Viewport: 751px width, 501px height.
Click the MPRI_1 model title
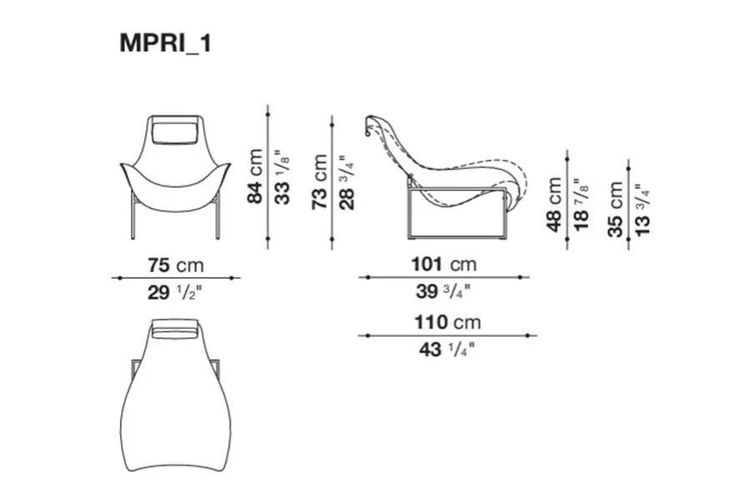165,43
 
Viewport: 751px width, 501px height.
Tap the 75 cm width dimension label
176,266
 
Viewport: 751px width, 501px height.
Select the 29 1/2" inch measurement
175,292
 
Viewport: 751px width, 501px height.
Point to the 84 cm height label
255,176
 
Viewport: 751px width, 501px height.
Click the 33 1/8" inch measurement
282,178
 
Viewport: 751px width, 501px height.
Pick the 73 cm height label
319,182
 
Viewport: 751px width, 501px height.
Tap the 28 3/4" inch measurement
346,182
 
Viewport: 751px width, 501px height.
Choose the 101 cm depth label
444,264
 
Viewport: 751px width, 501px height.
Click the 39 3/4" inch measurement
443,291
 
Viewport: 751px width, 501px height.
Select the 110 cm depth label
447,322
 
